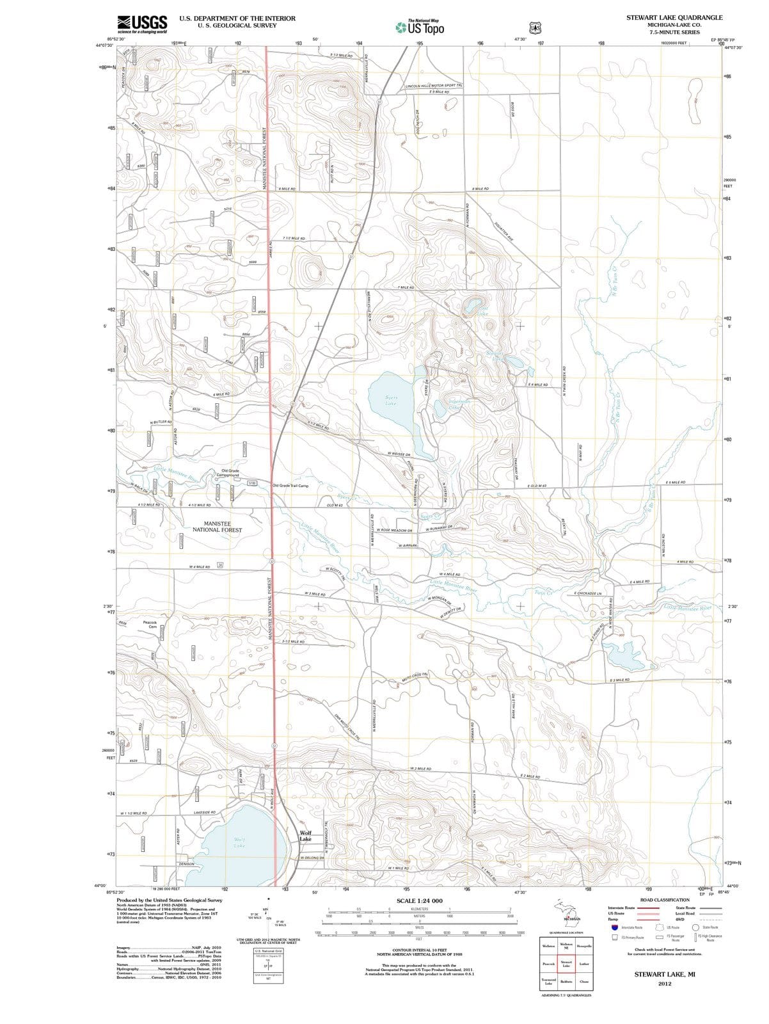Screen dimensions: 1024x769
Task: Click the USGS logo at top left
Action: click(x=142, y=24)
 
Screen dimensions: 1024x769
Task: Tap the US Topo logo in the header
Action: click(x=420, y=28)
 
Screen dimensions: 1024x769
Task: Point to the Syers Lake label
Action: click(x=391, y=401)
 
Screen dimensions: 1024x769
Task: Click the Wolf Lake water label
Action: click(x=239, y=842)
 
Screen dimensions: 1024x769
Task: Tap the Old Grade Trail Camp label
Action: click(x=290, y=486)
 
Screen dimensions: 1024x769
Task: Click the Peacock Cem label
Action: click(x=150, y=624)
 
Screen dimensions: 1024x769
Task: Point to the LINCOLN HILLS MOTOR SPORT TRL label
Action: click(x=434, y=85)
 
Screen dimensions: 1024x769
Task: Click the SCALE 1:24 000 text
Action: click(x=419, y=901)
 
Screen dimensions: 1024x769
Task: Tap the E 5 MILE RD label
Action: click(x=676, y=482)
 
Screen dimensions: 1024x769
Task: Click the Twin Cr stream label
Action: click(x=543, y=592)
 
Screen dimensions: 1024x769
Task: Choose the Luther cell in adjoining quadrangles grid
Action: click(x=583, y=963)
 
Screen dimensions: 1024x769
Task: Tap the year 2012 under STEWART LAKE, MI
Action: click(x=664, y=984)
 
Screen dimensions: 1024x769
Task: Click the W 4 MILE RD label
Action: click(x=200, y=567)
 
